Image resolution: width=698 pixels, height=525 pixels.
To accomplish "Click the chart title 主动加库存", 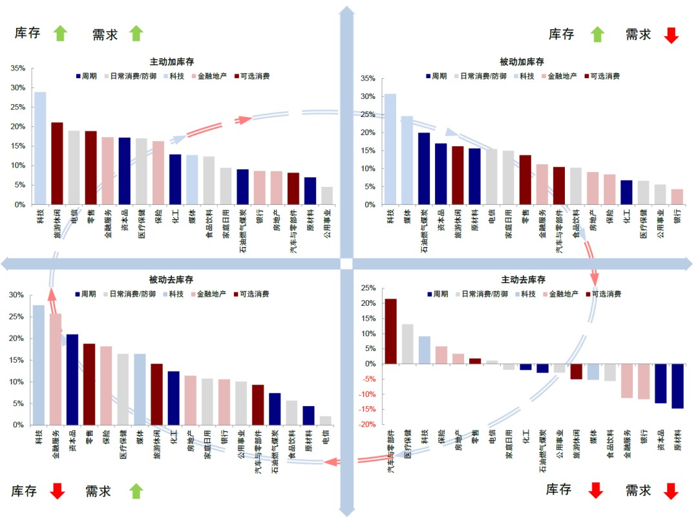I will [x=172, y=62].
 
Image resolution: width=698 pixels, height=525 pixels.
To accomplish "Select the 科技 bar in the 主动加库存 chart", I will [x=40, y=148].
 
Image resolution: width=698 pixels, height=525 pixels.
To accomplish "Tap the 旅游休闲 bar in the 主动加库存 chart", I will [x=57, y=163].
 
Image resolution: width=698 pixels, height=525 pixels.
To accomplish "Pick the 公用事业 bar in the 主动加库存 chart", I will [x=327, y=195].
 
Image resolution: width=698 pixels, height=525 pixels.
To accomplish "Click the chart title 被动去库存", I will [x=171, y=279].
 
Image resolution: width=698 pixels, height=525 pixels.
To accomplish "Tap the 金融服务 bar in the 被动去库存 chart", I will [x=56, y=369].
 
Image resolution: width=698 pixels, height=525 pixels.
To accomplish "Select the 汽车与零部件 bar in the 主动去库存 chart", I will [x=391, y=331].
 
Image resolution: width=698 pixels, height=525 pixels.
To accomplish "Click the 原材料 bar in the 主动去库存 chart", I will [x=677, y=386].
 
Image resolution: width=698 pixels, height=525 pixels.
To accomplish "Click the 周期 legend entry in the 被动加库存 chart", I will [x=436, y=76].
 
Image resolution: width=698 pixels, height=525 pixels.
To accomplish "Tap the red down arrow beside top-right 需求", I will [x=671, y=35].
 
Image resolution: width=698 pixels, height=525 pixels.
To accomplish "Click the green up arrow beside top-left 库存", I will [x=59, y=33].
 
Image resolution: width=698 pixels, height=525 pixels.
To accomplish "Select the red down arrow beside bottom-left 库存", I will [x=58, y=491].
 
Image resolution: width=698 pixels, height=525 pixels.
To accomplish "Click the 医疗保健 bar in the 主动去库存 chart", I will [x=408, y=344].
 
